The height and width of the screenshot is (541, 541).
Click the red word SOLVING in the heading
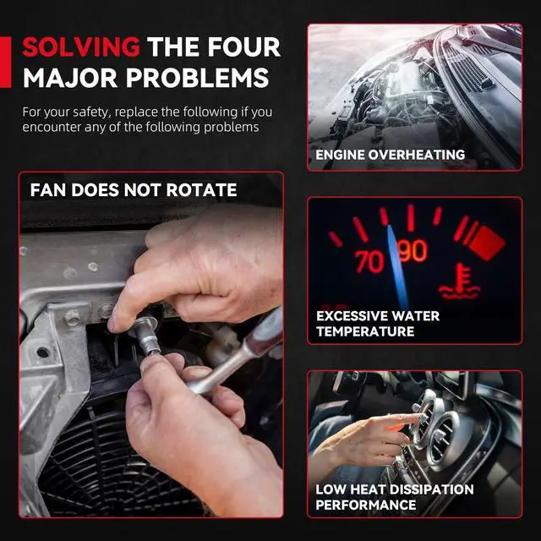81,47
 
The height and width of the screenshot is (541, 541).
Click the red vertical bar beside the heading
6,62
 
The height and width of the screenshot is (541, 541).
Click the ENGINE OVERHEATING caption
391,155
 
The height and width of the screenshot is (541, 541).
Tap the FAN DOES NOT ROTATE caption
134,190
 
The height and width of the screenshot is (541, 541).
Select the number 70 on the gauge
369,261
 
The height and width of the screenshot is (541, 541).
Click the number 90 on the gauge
413,251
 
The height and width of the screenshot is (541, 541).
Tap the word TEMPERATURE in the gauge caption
365,331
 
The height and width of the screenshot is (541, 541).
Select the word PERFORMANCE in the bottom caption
366,505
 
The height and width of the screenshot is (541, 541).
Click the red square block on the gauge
487,243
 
